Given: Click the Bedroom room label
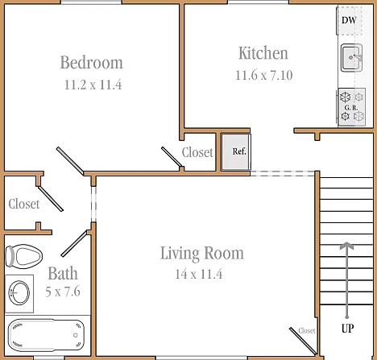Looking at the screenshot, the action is click(92, 63).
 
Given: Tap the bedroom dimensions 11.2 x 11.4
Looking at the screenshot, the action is click(93, 85).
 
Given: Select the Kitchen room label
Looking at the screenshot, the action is click(263, 53).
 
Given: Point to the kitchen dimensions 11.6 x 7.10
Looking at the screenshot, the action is click(264, 76).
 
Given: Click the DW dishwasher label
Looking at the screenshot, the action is click(349, 20).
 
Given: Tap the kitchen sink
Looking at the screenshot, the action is click(351, 58).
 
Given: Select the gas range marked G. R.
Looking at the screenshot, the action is click(352, 107).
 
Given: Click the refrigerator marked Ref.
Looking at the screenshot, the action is click(236, 152).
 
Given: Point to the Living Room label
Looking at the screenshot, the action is click(202, 253).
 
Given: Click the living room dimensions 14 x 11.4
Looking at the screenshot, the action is click(199, 274).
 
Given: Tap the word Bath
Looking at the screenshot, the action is click(63, 273).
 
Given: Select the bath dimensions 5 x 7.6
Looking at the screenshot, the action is click(63, 292).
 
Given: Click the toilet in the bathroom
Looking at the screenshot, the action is click(24, 256).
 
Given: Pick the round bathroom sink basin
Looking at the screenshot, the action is click(19, 292).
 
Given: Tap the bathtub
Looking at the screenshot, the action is click(46, 335).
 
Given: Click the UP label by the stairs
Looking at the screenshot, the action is click(348, 328).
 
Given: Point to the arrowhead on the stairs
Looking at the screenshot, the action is click(346, 246).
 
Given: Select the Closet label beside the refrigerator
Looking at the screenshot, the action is click(197, 152).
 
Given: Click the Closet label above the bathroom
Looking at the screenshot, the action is click(24, 204).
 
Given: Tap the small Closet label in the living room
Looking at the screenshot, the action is click(307, 331).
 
